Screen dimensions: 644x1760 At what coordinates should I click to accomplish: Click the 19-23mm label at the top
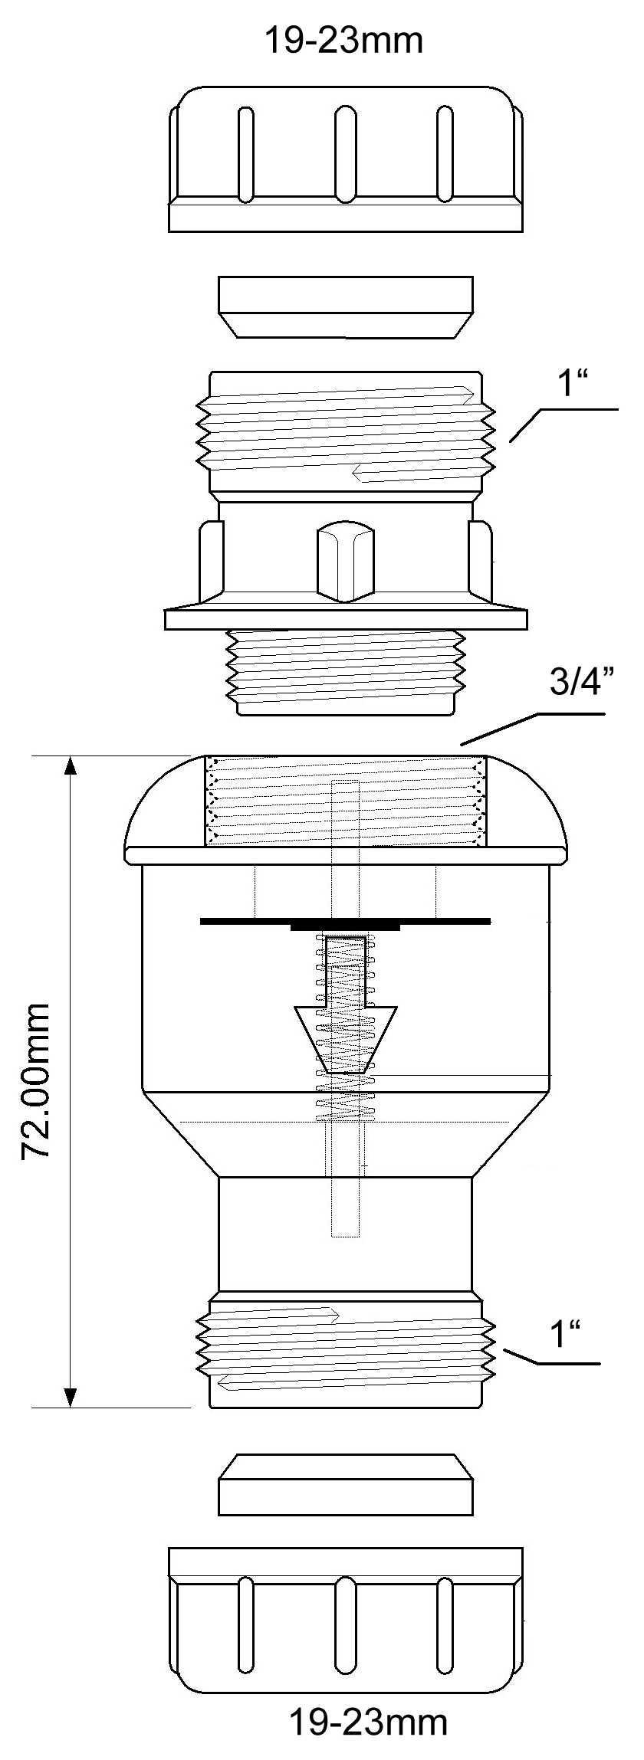(343, 40)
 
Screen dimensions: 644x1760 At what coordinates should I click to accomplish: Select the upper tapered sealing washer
(346, 306)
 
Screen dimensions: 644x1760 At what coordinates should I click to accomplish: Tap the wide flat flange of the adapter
(346, 619)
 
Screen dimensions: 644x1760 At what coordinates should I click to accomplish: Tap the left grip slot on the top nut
(245, 154)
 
